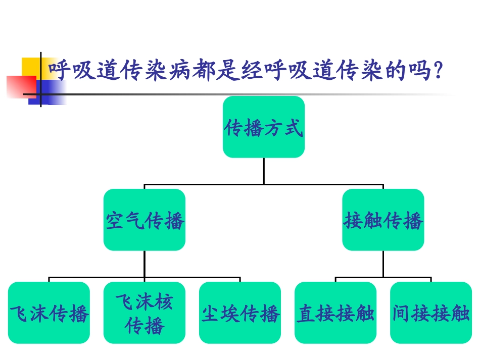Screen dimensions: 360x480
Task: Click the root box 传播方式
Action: [264, 127]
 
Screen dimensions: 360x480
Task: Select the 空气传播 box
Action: [145, 220]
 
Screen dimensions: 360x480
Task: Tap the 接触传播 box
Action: [383, 220]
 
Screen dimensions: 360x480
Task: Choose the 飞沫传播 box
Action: [49, 313]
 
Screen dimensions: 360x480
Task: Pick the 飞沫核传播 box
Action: [145, 313]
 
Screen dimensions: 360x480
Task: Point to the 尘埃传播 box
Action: [240, 313]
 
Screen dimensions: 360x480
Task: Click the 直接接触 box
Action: [335, 313]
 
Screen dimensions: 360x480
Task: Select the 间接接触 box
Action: [431, 313]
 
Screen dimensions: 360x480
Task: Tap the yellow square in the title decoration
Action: [29, 66]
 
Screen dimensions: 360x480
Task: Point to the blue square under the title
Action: [51, 93]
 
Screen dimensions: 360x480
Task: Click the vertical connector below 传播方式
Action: [264, 171]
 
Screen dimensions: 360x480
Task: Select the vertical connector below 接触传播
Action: [383, 264]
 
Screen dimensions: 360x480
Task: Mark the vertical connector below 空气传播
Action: [145, 264]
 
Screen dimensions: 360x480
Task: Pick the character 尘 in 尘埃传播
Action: [211, 314]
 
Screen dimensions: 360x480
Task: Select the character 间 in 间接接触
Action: [402, 314]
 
